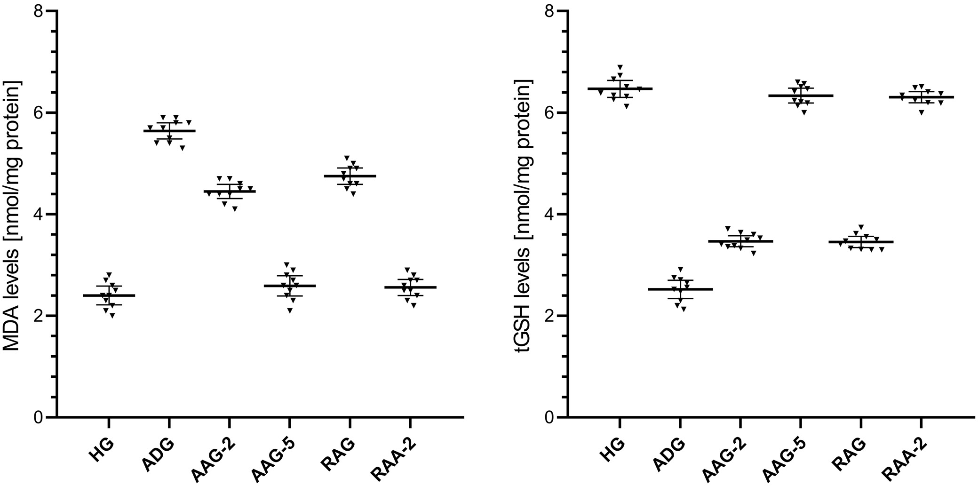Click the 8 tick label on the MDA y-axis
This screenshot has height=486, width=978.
pos(40,11)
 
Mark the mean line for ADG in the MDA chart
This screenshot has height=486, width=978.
pos(169,131)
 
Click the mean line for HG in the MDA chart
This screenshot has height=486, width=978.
pos(109,295)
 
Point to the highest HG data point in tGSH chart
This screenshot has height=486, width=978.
pos(620,67)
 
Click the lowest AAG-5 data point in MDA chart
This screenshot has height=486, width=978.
pos(291,311)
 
